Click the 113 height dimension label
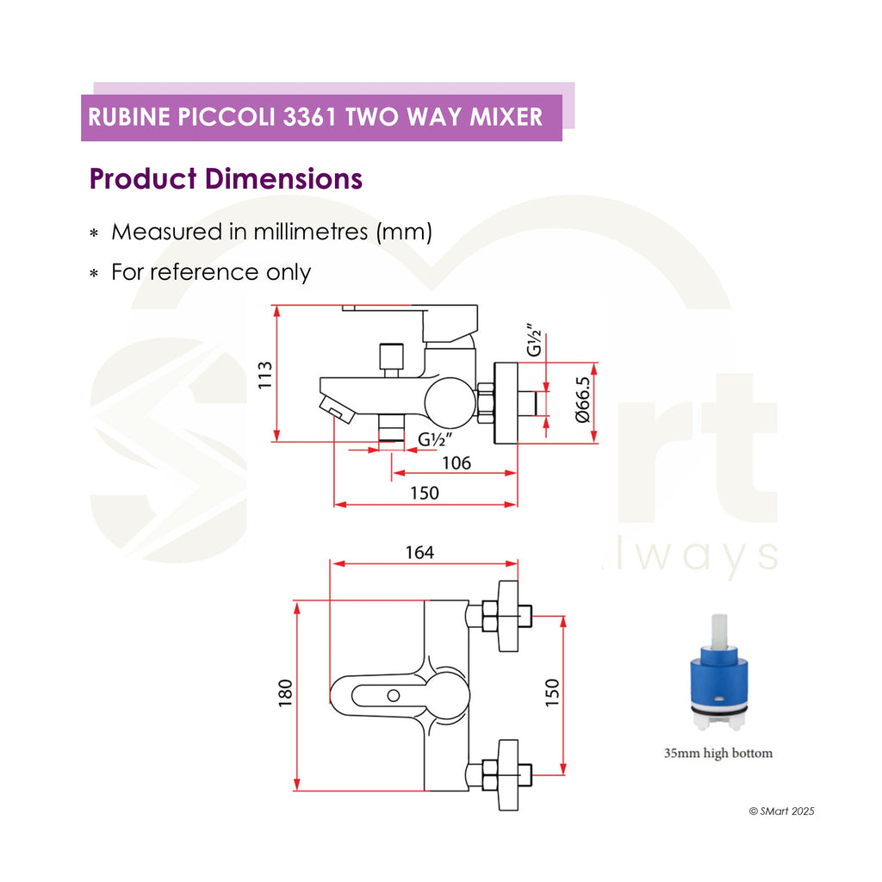point(265,376)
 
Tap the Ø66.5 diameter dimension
point(583,400)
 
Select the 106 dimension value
point(457,463)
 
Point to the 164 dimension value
point(419,552)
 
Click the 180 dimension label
point(285,693)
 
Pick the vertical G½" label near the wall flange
point(534,339)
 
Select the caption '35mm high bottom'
point(718,753)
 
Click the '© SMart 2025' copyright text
point(781,811)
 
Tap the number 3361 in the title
point(309,117)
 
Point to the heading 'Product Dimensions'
point(226,179)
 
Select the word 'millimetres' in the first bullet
point(310,232)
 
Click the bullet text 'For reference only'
point(211,272)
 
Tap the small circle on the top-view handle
point(393,696)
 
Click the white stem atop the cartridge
point(719,630)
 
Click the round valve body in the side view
point(450,401)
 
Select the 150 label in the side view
point(424,493)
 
